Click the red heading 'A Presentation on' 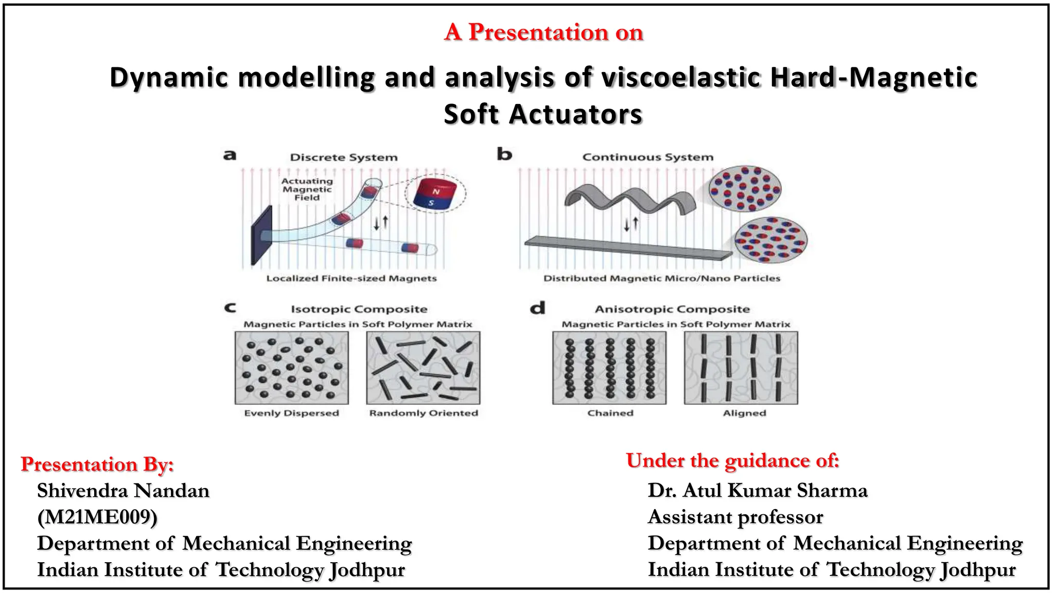[x=543, y=32]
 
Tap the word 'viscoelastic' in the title [x=681, y=77]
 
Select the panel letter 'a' [x=230, y=154]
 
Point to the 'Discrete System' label [x=344, y=157]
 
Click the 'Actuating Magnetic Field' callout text [x=307, y=189]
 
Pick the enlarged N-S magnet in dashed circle [x=435, y=194]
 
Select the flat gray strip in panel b [x=628, y=248]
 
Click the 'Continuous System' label [x=647, y=157]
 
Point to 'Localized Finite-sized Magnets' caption [x=352, y=278]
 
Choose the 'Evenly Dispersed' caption [x=291, y=413]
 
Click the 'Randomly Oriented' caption [x=424, y=413]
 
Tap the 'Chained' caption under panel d [x=610, y=413]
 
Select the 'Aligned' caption [x=744, y=413]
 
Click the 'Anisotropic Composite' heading [x=672, y=309]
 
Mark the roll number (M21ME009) [x=97, y=517]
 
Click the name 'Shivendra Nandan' [x=123, y=491]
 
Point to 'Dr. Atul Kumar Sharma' [x=758, y=490]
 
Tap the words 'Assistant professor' [x=735, y=517]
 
